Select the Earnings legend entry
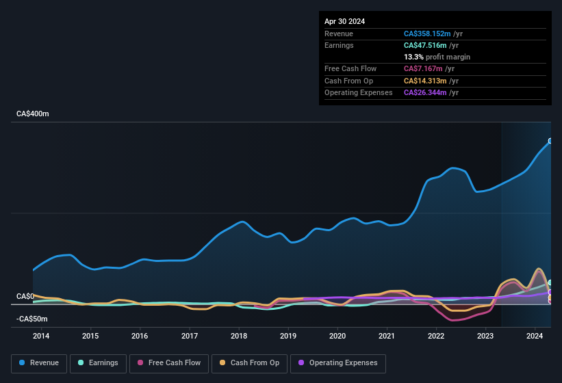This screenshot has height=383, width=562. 97,363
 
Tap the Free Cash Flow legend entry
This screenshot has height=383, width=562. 168,363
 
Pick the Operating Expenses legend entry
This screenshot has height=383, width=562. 338,363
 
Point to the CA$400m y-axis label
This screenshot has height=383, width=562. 32,114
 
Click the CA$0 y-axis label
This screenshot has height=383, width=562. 25,296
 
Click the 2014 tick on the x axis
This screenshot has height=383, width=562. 41,336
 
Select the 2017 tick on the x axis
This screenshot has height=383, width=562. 190,336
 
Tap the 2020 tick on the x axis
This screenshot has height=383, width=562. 337,336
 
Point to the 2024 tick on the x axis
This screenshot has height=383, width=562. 535,336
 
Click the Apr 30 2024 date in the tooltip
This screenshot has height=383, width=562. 344,21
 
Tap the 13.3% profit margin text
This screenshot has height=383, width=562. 437,57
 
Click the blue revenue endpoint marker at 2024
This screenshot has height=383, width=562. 550,142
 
